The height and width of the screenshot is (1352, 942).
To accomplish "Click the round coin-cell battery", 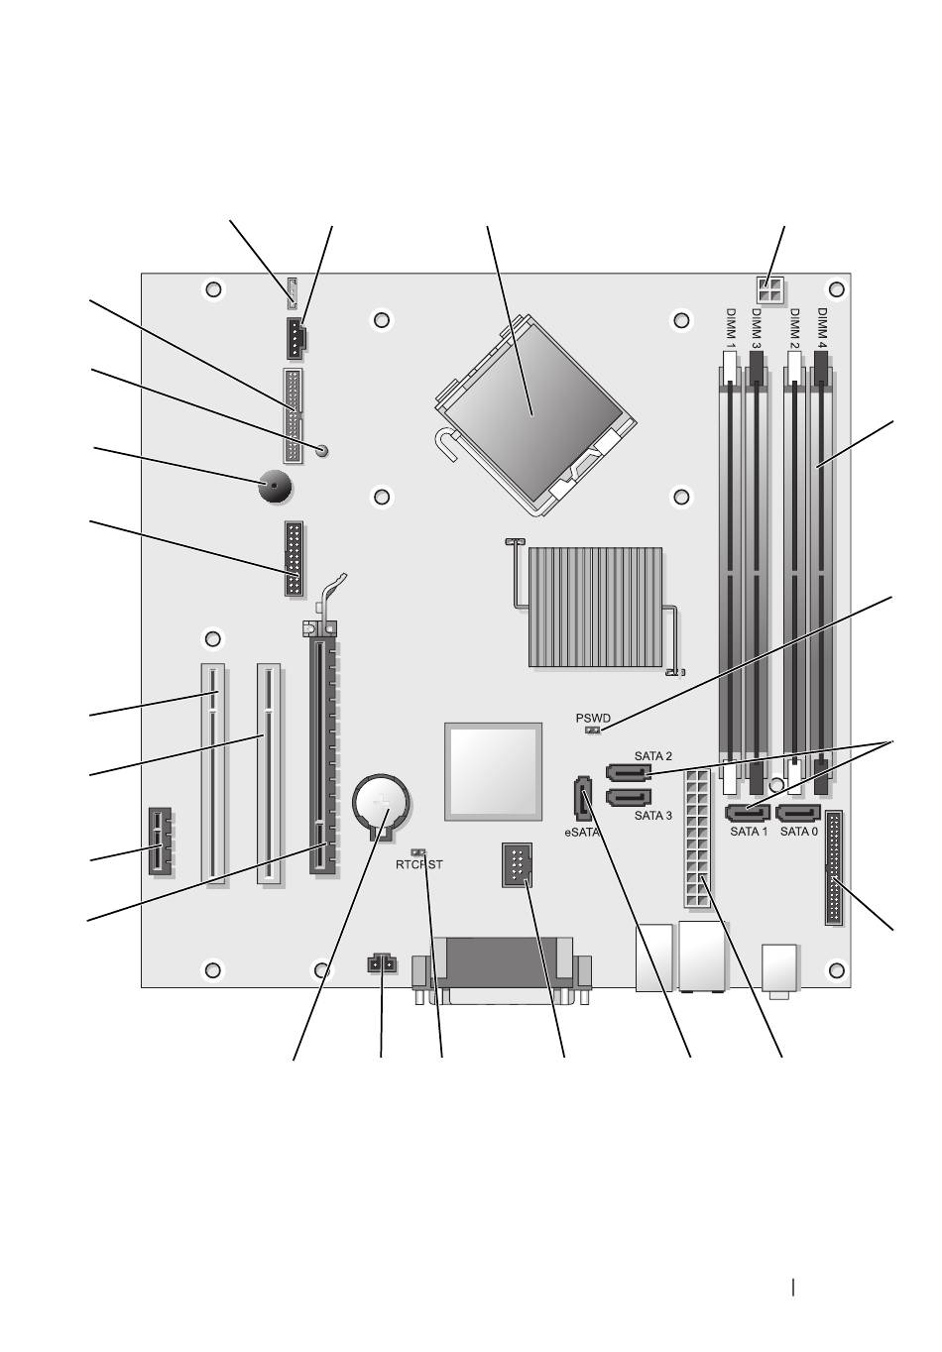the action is click(x=381, y=806).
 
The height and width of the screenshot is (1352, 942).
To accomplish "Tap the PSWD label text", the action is click(x=592, y=719).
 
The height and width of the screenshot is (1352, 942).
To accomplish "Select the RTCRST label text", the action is click(x=418, y=864).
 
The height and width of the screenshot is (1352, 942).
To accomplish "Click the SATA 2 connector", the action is click(x=628, y=772).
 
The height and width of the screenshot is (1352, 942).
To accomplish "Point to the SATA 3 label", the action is click(x=652, y=816).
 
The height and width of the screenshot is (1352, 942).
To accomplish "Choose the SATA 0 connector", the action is click(x=797, y=814).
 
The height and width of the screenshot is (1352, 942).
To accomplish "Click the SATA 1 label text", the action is click(x=749, y=832).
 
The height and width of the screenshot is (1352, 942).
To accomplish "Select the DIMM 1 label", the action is click(x=731, y=329).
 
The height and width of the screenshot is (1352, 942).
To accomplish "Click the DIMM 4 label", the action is click(x=821, y=329).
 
